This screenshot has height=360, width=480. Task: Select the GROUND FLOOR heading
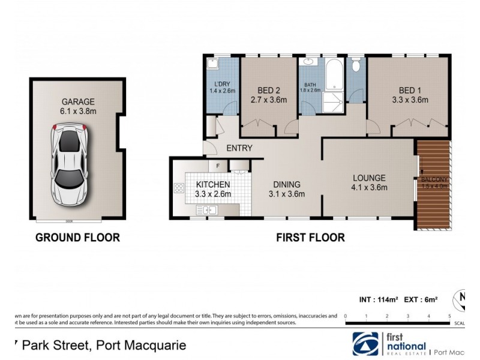pos(77,238)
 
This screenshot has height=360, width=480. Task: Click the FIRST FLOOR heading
pos(310,238)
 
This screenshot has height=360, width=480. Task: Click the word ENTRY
pos(239,149)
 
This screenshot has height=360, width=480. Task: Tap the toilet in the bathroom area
pos(356,64)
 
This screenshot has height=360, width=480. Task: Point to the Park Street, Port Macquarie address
pos(96,346)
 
